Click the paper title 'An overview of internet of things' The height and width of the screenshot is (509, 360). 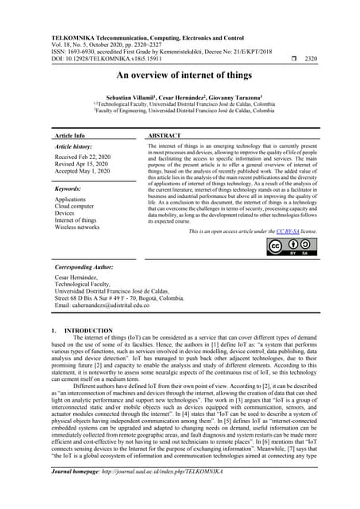[180, 76]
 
